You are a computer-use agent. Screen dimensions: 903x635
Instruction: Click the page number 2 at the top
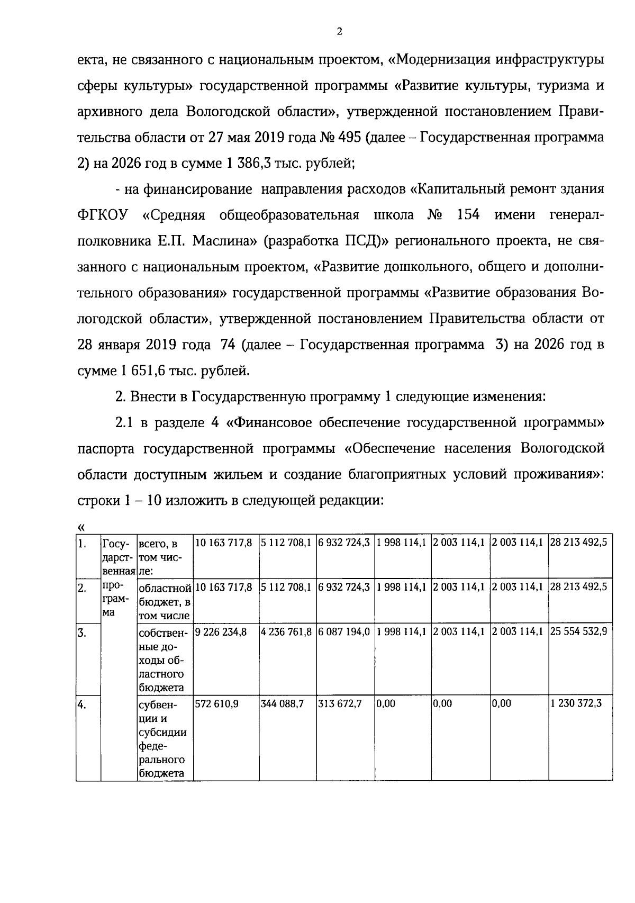click(x=339, y=32)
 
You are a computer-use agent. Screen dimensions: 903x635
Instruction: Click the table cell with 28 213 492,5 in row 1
click(x=579, y=543)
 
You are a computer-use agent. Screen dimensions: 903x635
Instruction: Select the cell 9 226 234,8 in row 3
click(x=221, y=632)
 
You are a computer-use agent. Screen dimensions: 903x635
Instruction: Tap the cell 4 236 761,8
click(x=286, y=632)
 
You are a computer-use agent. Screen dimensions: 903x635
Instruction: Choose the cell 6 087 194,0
click(x=344, y=632)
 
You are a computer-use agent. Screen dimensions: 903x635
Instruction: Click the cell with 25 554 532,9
click(x=579, y=632)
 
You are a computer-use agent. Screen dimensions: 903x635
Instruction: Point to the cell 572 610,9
click(x=217, y=705)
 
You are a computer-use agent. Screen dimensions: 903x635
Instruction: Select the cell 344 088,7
click(x=283, y=705)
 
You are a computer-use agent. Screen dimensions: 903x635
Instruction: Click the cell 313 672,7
click(x=340, y=705)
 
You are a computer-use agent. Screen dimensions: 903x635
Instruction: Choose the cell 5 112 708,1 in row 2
click(x=286, y=588)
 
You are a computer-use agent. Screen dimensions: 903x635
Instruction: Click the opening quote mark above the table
click(x=81, y=527)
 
